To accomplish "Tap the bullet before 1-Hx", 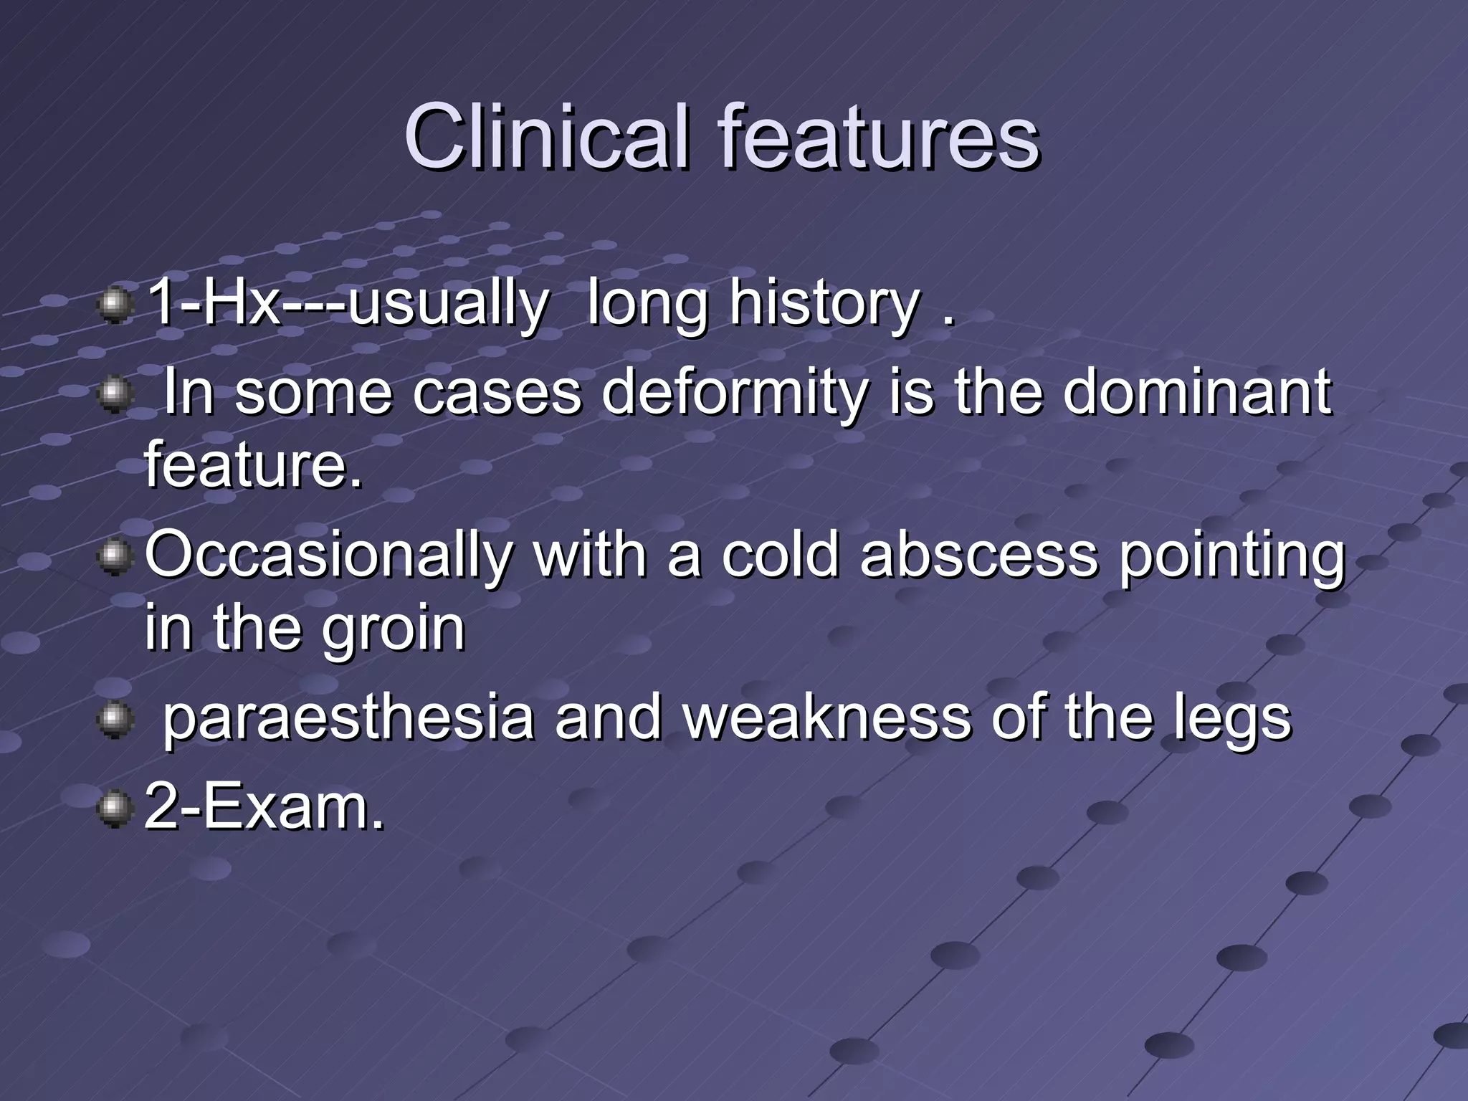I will pyautogui.click(x=115, y=307).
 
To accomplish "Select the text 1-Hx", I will pyautogui.click(x=212, y=304).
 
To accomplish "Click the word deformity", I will pyautogui.click(x=734, y=394).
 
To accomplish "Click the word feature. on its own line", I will pyautogui.click(x=254, y=464).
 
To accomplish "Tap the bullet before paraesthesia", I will pyautogui.click(x=115, y=720).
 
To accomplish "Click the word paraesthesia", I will pyautogui.click(x=348, y=718).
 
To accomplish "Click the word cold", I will pyautogui.click(x=779, y=556).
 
